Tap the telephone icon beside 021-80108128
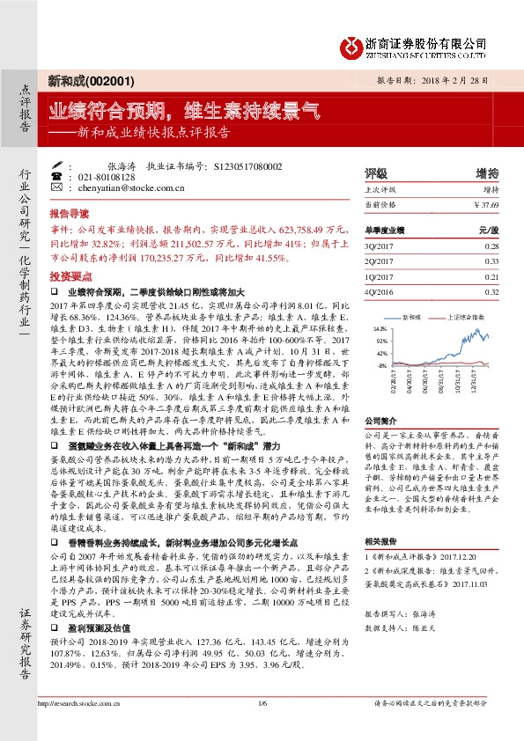tap(56, 176)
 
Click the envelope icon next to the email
tap(56, 187)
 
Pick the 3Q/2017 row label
tap(377, 246)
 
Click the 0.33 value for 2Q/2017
tap(491, 261)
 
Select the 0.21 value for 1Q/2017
tap(491, 276)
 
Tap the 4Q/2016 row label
tap(377, 291)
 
